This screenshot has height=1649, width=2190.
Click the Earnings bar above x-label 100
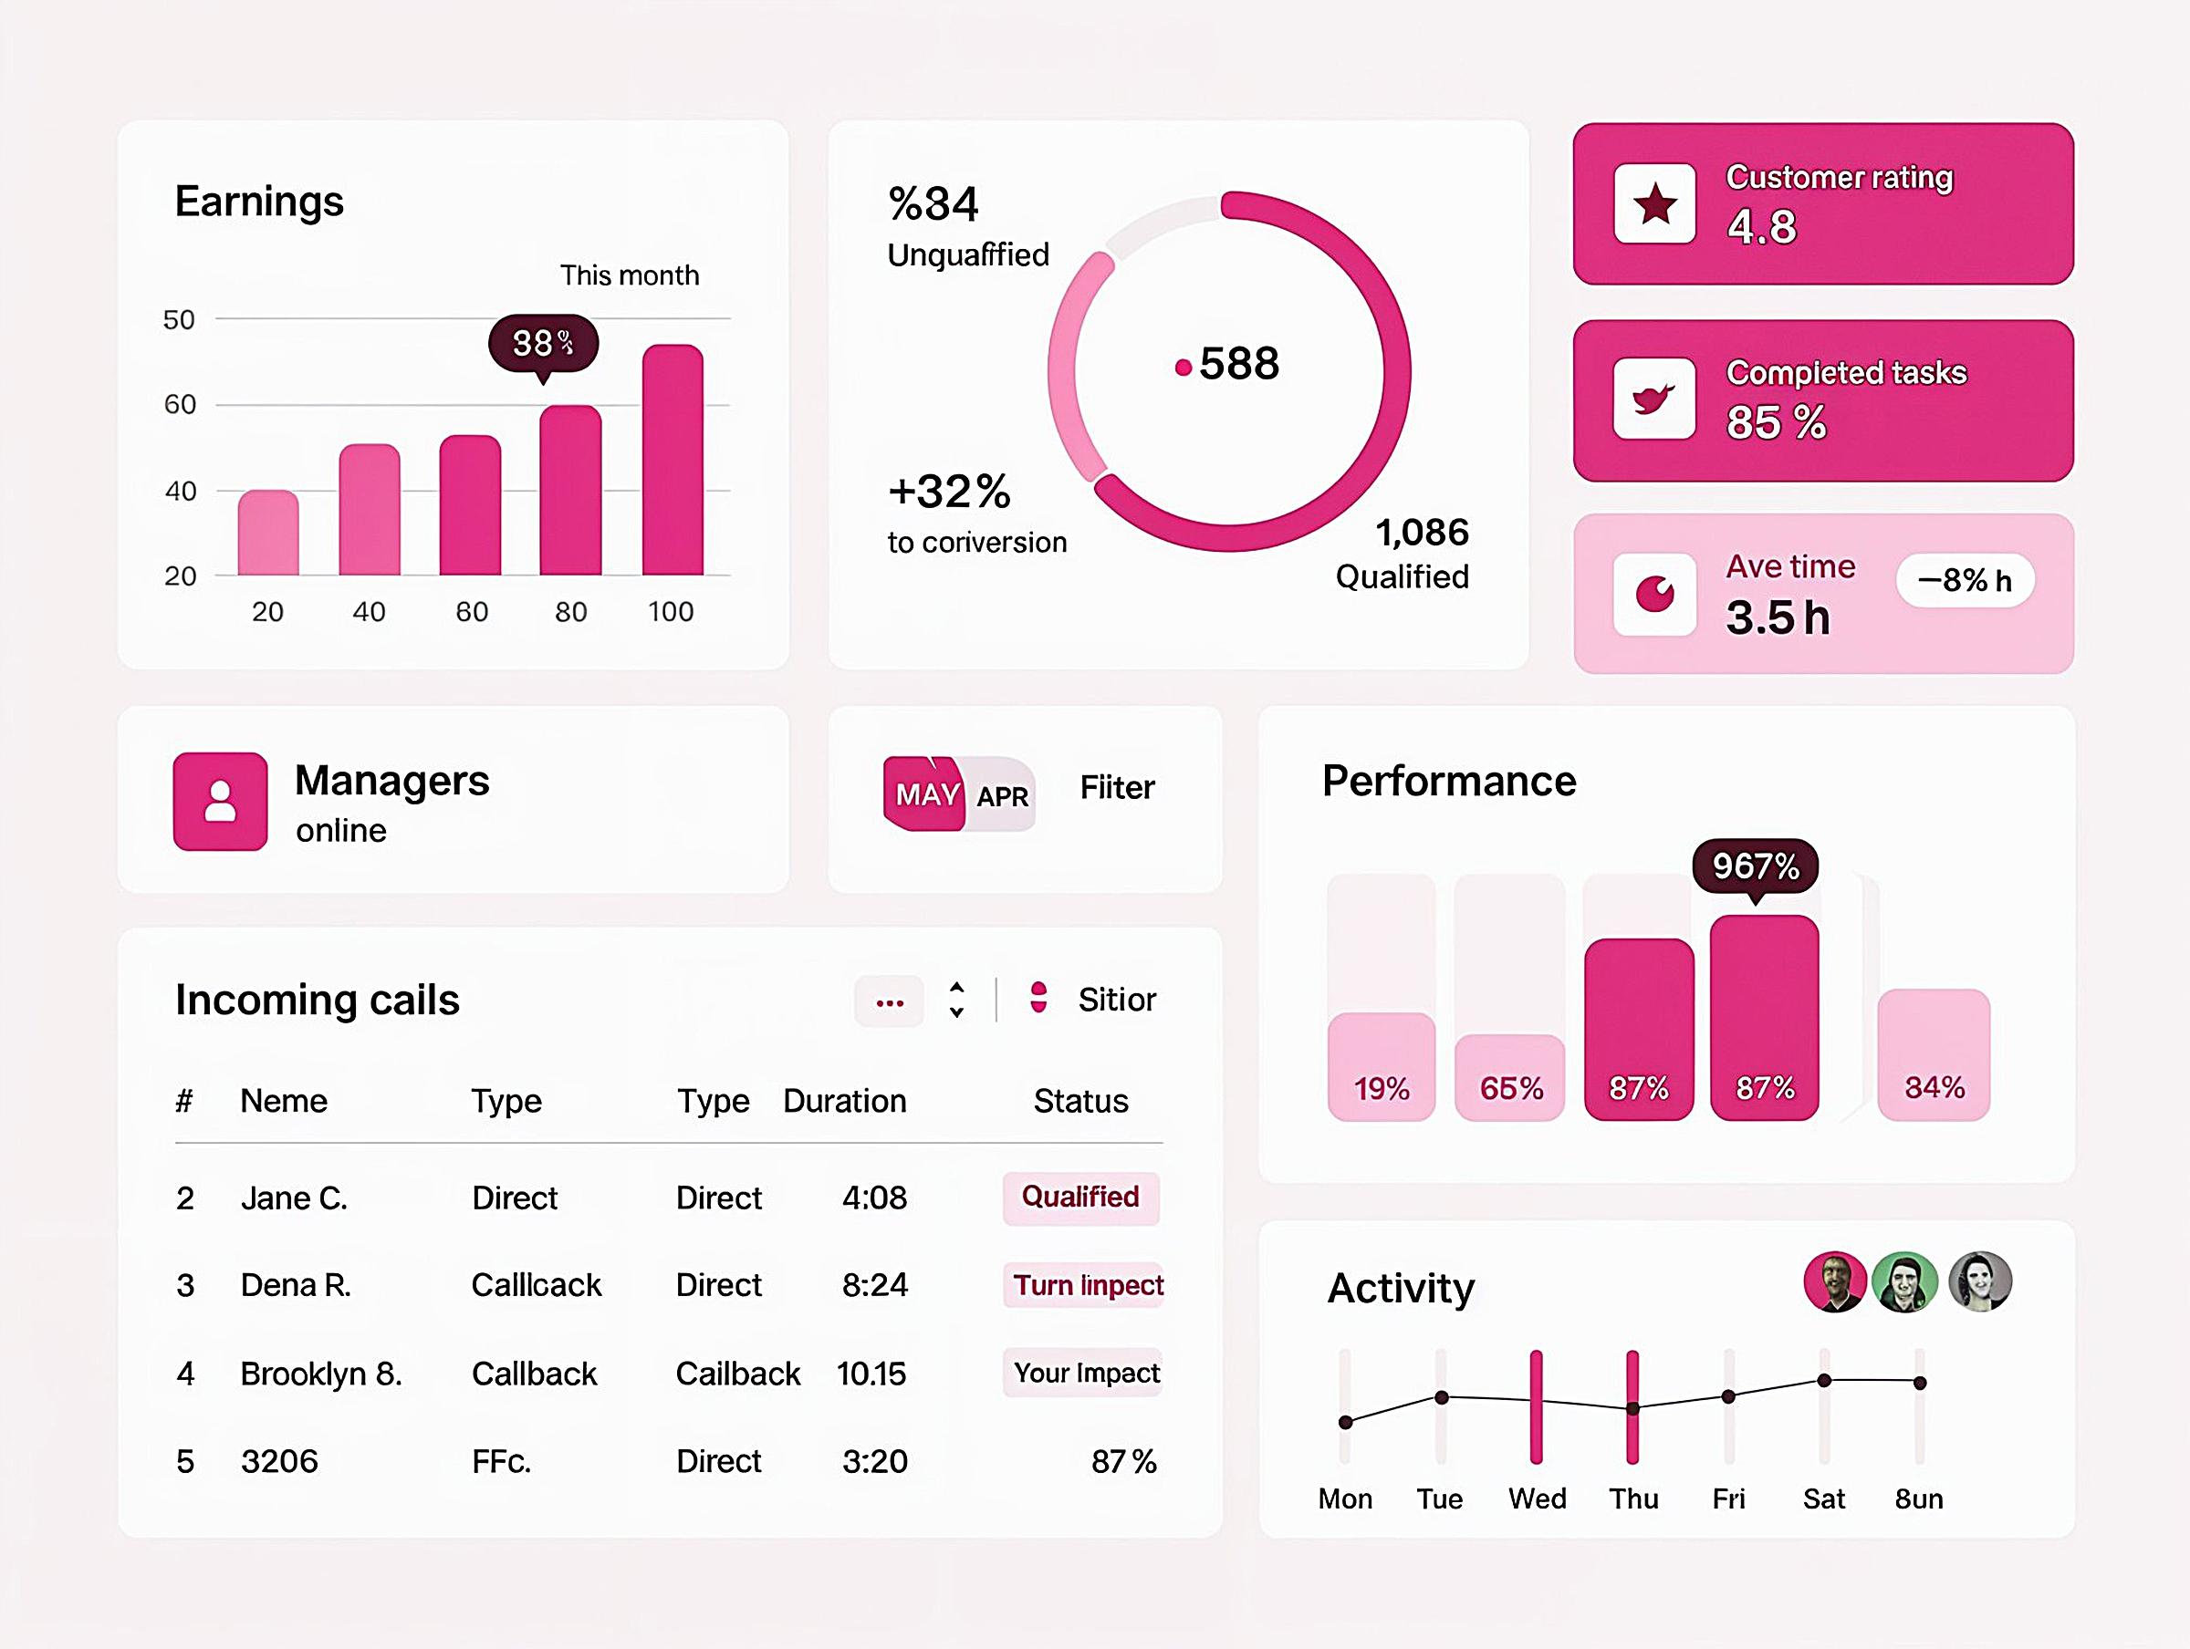click(673, 461)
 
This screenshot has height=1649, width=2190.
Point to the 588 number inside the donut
click(1237, 363)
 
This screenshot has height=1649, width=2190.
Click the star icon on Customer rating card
click(1654, 205)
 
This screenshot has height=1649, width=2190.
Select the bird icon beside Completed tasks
click(1653, 399)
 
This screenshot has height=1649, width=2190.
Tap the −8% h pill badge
click(1965, 580)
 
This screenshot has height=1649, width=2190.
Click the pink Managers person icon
click(220, 801)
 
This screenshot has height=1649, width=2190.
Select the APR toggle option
click(1002, 796)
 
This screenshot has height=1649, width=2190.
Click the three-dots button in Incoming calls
click(889, 1002)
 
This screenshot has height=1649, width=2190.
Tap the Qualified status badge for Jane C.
click(1080, 1198)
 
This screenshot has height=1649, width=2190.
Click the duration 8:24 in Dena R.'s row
click(874, 1285)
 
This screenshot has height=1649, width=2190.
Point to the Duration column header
click(844, 1101)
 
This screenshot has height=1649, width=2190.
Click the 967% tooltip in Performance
click(1755, 866)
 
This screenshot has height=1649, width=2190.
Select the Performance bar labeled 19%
click(1382, 1067)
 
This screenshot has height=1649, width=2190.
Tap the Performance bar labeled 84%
click(1933, 1055)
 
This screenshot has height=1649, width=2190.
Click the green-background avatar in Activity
click(1905, 1281)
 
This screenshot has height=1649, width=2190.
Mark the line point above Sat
click(1824, 1381)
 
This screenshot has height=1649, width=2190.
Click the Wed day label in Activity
click(1537, 1499)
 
